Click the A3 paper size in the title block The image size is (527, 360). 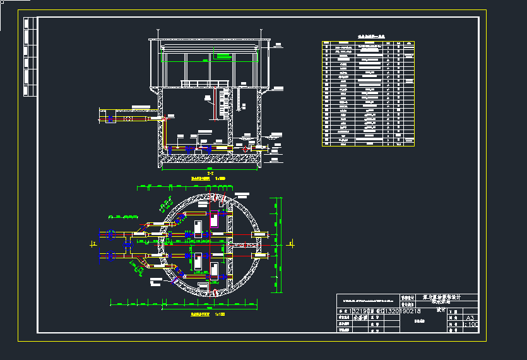tap(470, 318)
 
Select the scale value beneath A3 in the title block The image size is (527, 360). tap(471, 325)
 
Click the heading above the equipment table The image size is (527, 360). tap(367, 38)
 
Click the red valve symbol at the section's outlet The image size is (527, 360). tap(245, 149)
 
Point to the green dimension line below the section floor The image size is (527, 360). tap(209, 169)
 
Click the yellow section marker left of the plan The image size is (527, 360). tap(93, 243)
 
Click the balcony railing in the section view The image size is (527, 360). tap(204, 83)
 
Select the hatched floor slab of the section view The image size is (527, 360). tap(209, 159)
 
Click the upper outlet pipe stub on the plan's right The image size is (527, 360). tap(259, 235)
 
